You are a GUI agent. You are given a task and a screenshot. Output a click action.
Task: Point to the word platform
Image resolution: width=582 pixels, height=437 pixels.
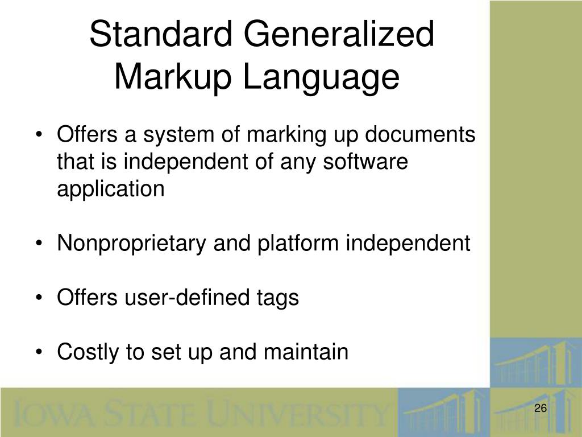(300, 244)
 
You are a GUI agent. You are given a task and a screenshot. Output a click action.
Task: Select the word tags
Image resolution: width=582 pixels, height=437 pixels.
(278, 298)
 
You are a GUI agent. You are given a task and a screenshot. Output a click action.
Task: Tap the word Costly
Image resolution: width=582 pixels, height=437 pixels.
(88, 352)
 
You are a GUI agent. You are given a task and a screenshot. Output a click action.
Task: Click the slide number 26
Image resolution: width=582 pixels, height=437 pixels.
(540, 409)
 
